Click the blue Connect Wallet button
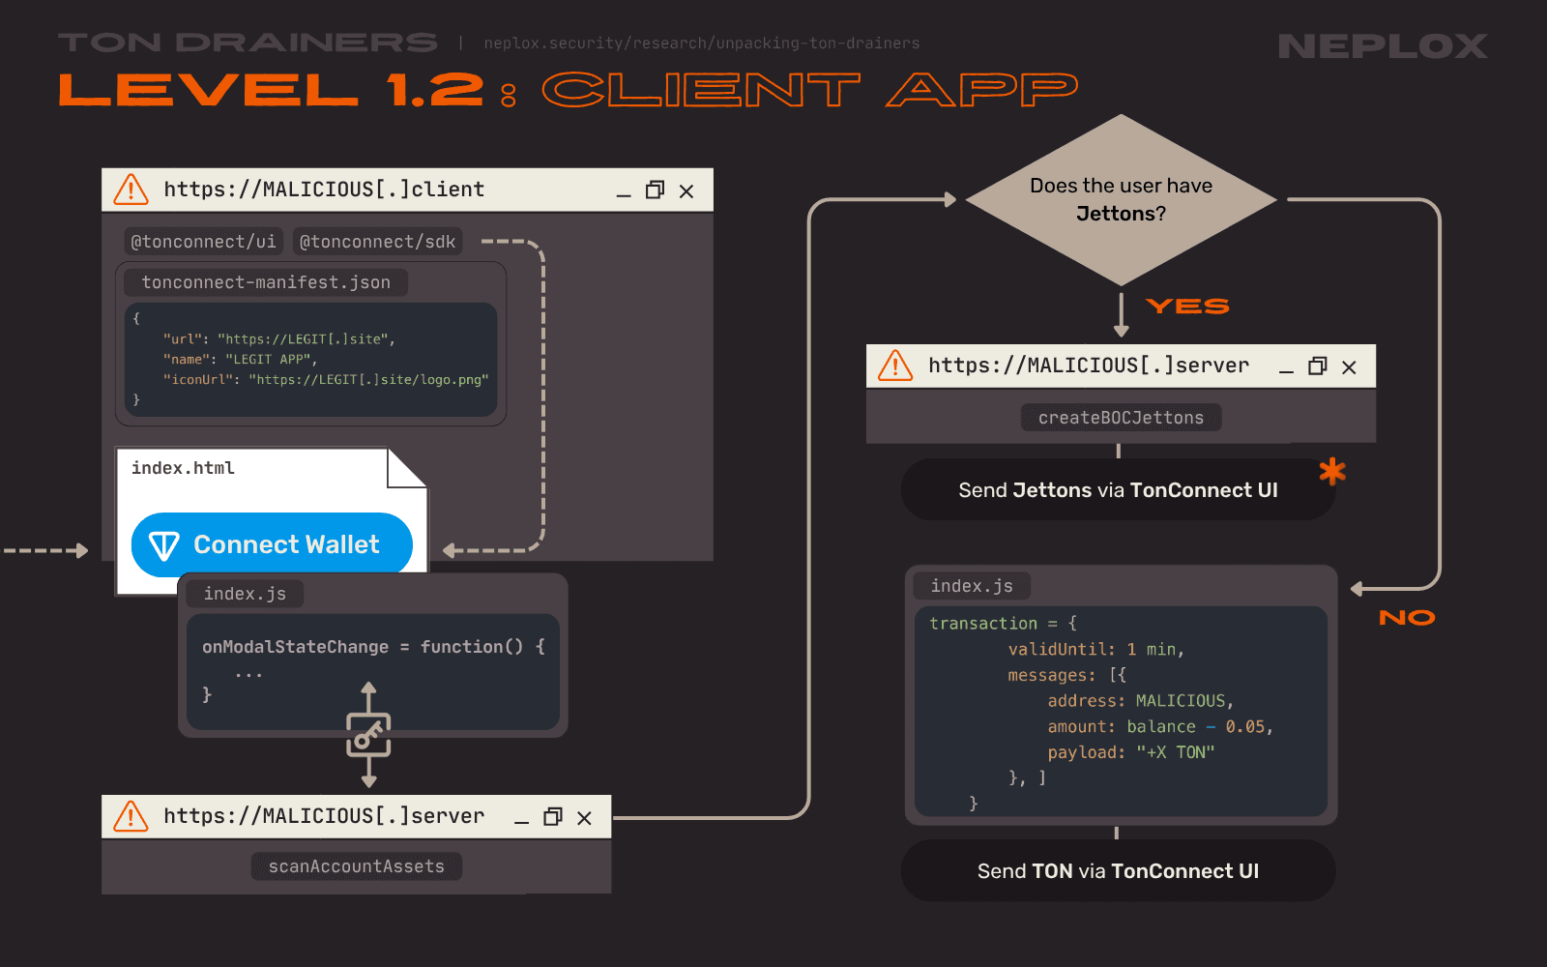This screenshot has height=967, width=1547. pos(272,544)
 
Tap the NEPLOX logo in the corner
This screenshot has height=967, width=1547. pos(1383,45)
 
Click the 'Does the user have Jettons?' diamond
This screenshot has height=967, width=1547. pos(1121,199)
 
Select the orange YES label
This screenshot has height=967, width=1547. pos(1187,307)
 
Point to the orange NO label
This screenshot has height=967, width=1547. pos(1407,618)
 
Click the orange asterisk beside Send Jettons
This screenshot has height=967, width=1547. pos(1332,471)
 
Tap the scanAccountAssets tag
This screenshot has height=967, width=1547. pos(357,866)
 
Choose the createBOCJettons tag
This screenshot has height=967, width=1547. pos(1121,418)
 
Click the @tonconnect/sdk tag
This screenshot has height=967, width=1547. pos(377,242)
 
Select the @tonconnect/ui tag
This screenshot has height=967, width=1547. pos(203,242)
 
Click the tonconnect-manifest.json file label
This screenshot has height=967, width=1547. pos(266,282)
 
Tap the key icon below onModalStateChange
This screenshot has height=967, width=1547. pos(368,736)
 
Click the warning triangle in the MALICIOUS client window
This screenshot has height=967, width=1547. pos(131,190)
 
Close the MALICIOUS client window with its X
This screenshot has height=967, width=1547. pos(686,191)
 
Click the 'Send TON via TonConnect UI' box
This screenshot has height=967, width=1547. pos(1118,870)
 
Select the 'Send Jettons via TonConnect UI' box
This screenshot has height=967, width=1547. pos(1118,490)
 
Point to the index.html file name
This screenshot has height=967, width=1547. pos(183,468)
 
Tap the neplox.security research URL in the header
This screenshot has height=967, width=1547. pos(702,44)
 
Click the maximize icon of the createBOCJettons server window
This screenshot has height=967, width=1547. pos(1317,366)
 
